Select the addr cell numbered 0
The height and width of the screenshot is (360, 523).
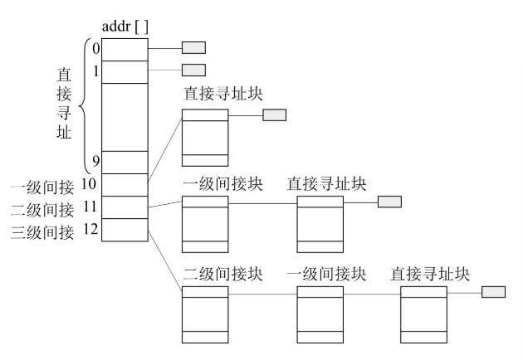coord(125,49)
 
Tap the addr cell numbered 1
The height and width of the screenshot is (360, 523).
coord(125,72)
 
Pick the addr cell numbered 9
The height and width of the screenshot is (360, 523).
coord(125,162)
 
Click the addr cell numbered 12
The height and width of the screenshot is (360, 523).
coord(125,230)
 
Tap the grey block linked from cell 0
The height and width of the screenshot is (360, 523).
coord(193,47)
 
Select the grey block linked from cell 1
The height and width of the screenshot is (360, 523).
coord(193,70)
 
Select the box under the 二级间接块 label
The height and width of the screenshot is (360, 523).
coord(204,315)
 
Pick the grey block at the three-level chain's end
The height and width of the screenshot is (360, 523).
coord(493,292)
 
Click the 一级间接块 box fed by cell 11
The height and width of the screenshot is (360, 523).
coord(204,224)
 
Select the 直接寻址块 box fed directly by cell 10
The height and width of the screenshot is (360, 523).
coord(204,138)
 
